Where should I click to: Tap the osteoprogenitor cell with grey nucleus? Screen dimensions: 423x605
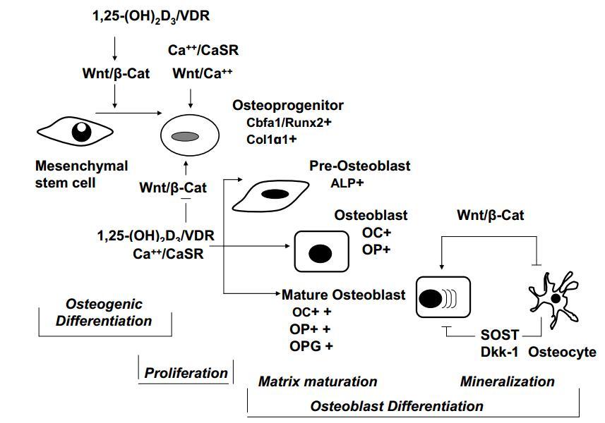click(x=186, y=135)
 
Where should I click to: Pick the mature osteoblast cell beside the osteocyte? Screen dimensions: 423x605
click(x=443, y=299)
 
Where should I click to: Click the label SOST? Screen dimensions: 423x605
click(x=499, y=335)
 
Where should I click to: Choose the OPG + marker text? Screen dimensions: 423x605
click(x=311, y=346)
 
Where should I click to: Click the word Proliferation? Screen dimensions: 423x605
click(x=186, y=373)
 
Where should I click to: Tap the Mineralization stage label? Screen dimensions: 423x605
click(x=507, y=382)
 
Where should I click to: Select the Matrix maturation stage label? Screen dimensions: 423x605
click(x=318, y=382)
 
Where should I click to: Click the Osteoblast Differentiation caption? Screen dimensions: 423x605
click(x=397, y=406)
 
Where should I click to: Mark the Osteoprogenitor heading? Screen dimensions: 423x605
click(x=288, y=105)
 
